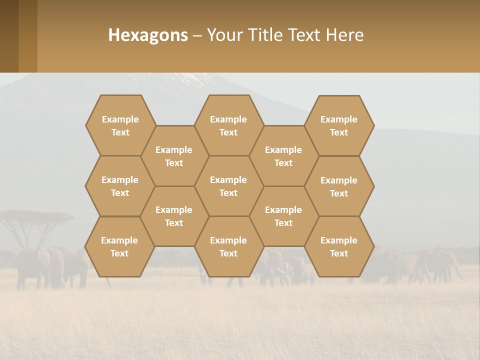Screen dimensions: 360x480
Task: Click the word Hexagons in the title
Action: tap(148, 35)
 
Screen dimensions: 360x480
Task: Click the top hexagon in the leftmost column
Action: tap(120, 125)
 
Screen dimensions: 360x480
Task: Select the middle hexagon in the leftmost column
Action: tap(120, 186)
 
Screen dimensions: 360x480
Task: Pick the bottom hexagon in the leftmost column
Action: tap(119, 246)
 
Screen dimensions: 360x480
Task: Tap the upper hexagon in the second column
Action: tap(174, 156)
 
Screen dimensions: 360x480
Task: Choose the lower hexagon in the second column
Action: tap(174, 216)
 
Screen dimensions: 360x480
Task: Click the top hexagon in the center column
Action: tap(228, 125)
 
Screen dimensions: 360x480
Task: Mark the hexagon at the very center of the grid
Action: tap(228, 186)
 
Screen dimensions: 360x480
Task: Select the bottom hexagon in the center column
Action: tap(228, 246)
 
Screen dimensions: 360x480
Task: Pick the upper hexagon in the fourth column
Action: tap(283, 156)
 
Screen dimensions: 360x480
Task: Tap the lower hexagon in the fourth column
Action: tap(283, 216)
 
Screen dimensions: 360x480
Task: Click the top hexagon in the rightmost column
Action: tap(339, 125)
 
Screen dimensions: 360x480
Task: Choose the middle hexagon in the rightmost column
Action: tap(339, 186)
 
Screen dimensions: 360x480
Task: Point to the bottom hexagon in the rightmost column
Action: tap(339, 246)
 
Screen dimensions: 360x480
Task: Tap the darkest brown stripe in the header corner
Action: tap(9, 36)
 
